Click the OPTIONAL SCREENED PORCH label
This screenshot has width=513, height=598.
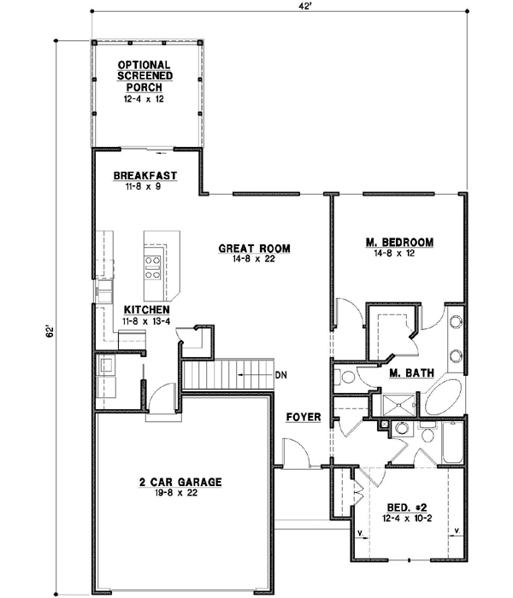(144, 76)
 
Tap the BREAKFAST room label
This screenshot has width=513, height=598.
(144, 176)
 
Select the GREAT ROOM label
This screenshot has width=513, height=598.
(254, 249)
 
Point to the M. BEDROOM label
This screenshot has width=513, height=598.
(399, 243)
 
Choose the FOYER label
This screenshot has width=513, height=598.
(304, 417)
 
